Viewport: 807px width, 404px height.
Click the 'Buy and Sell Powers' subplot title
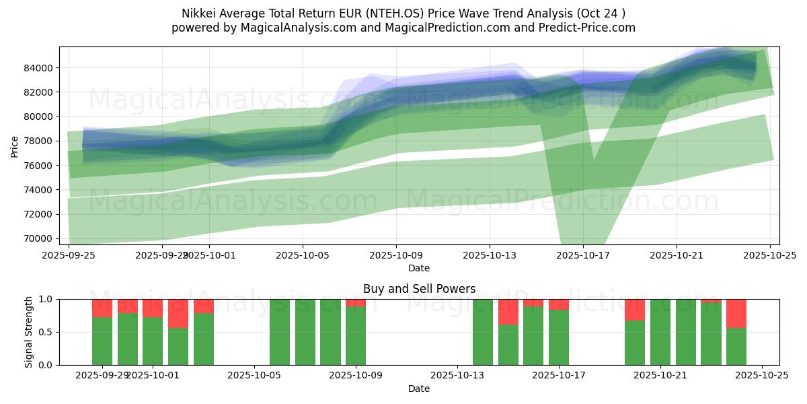[419, 289]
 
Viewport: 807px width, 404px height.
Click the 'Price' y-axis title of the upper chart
[15, 146]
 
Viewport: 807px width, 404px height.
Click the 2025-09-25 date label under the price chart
[69, 256]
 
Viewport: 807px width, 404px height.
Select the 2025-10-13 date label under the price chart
[490, 256]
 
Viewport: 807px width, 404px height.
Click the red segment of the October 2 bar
[178, 313]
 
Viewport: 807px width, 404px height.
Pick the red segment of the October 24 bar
[736, 313]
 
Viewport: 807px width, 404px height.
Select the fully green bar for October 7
[305, 332]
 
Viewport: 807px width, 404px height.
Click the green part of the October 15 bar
[508, 345]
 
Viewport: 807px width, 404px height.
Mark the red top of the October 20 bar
[635, 310]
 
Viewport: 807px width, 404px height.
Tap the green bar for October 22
[685, 332]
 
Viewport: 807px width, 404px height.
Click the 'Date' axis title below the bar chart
[419, 389]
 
